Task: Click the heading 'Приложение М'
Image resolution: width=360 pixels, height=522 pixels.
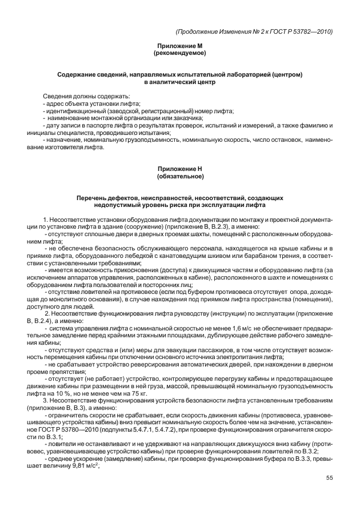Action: [180, 46]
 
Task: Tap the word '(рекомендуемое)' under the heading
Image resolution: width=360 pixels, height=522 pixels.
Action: [180, 53]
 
